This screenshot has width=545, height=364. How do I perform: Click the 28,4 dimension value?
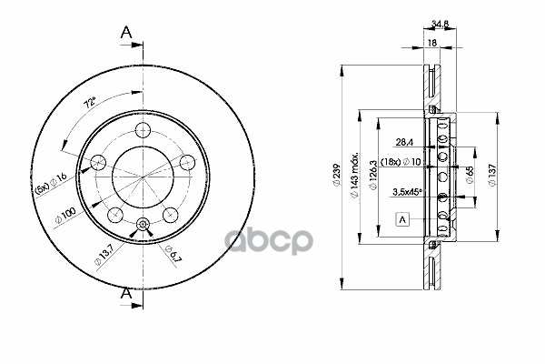[x=404, y=141]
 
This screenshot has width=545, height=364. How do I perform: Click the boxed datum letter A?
[x=401, y=219]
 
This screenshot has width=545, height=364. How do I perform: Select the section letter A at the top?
[x=128, y=34]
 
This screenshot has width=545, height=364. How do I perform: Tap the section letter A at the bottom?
[x=128, y=294]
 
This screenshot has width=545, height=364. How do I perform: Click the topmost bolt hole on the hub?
[x=142, y=128]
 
